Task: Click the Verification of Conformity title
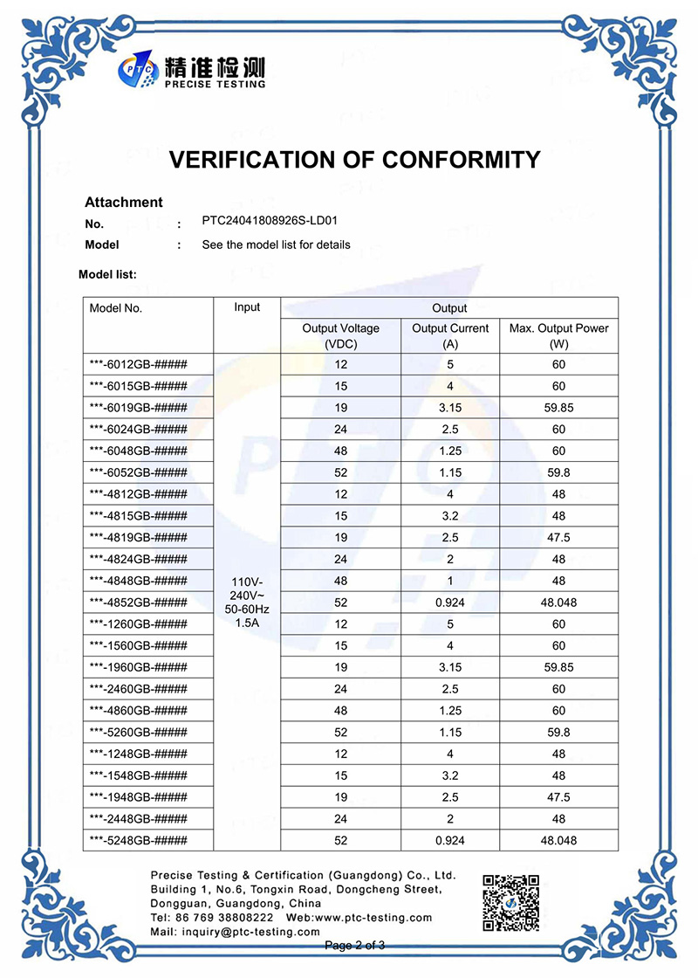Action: [x=354, y=160]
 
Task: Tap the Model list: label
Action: [x=107, y=274]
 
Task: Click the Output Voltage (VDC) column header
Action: [x=340, y=335]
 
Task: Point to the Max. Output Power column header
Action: [x=559, y=335]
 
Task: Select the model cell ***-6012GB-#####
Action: [x=139, y=364]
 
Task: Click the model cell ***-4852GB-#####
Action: [x=139, y=603]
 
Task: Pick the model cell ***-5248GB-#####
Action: [x=139, y=841]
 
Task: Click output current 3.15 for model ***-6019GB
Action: [x=450, y=408]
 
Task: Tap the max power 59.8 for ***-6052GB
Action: [x=559, y=472]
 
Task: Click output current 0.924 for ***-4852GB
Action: [x=450, y=603]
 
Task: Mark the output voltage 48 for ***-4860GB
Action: [x=340, y=711]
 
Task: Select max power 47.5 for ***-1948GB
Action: [x=559, y=797]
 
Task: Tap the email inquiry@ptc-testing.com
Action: [x=235, y=932]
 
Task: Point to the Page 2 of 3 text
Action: [x=354, y=946]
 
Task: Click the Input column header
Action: [x=247, y=307]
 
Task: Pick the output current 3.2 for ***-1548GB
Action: [x=450, y=775]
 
